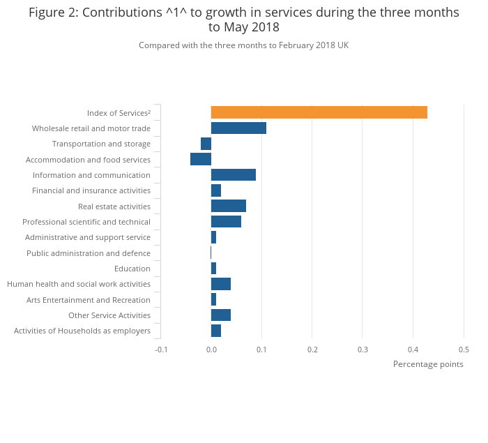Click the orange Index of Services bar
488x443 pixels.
319,112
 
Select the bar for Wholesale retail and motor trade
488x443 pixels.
238,128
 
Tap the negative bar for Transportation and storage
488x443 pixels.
206,144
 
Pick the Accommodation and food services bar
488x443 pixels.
201,159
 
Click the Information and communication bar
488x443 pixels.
234,175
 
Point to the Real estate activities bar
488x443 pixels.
229,206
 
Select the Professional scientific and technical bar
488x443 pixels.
226,222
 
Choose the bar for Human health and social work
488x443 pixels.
221,284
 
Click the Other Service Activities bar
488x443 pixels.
221,315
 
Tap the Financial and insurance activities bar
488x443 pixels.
216,190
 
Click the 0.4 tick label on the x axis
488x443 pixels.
413,350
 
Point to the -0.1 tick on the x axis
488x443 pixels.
161,350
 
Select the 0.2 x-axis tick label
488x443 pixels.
312,350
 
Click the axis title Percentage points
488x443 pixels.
428,364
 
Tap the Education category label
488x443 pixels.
132,269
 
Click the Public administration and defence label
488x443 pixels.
89,253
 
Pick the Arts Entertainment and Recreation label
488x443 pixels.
89,300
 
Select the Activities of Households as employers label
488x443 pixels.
82,331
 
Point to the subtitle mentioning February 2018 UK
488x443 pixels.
243,45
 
